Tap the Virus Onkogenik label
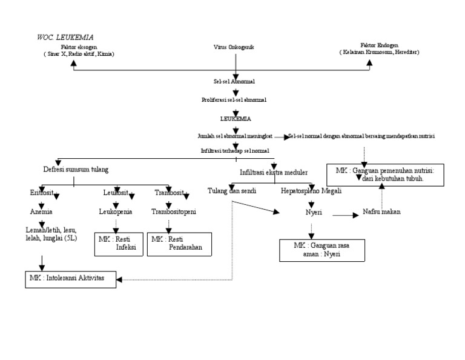point(233,47)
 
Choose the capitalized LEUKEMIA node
point(235,119)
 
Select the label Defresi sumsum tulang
point(76,169)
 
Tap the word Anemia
point(42,212)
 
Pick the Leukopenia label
point(116,212)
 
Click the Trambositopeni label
point(173,212)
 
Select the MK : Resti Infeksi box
point(119,244)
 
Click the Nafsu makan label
point(381,212)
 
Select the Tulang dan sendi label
point(232,191)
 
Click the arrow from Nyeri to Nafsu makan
point(345,214)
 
